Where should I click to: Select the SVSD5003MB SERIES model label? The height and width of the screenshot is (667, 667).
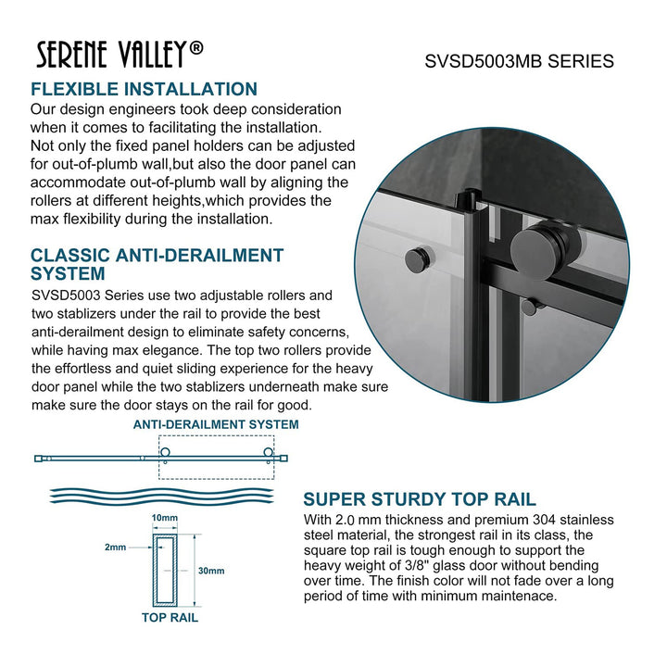pyautogui.click(x=519, y=61)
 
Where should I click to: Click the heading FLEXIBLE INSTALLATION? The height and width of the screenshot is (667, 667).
pyautogui.click(x=144, y=90)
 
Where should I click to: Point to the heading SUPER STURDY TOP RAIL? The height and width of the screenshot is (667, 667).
pyautogui.click(x=420, y=500)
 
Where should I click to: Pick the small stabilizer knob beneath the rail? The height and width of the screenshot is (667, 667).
pyautogui.click(x=527, y=306)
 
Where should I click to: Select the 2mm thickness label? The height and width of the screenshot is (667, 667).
pyautogui.click(x=116, y=547)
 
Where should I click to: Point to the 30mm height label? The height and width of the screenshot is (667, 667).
pyautogui.click(x=210, y=572)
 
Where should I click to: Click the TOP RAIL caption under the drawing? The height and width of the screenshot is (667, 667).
pyautogui.click(x=170, y=617)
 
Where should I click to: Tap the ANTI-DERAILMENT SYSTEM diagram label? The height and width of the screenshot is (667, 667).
pyautogui.click(x=215, y=424)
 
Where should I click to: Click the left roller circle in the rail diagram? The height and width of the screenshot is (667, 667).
pyautogui.click(x=167, y=453)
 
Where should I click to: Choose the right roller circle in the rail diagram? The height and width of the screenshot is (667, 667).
pyautogui.click(x=269, y=453)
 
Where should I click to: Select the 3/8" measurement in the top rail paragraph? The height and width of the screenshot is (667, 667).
pyautogui.click(x=414, y=566)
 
